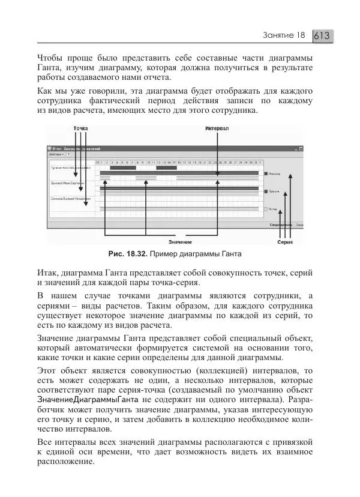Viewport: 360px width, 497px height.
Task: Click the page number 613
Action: [322, 35]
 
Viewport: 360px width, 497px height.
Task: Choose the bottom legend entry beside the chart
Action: [271, 209]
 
